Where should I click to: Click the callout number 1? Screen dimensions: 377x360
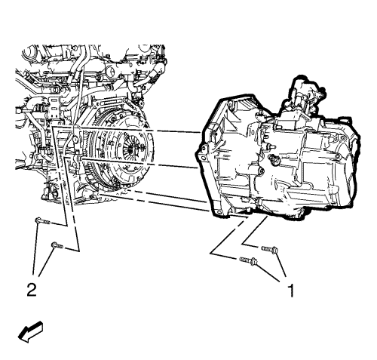pos(290,290)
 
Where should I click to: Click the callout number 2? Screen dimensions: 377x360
pos(32,290)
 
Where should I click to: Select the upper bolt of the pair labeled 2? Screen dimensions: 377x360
pos(42,221)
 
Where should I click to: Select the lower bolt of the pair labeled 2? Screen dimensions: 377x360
pos(57,245)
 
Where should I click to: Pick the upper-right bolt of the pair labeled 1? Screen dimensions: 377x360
pos(269,249)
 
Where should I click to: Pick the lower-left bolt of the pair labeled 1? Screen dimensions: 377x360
pos(249,260)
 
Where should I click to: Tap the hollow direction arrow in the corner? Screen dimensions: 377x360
pos(30,331)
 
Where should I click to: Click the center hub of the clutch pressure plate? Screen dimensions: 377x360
pos(130,149)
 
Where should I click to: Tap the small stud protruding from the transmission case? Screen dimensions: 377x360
pos(271,146)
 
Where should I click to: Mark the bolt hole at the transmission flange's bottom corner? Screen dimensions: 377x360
pos(218,212)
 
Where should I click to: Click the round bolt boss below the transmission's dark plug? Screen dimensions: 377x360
pos(262,172)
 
